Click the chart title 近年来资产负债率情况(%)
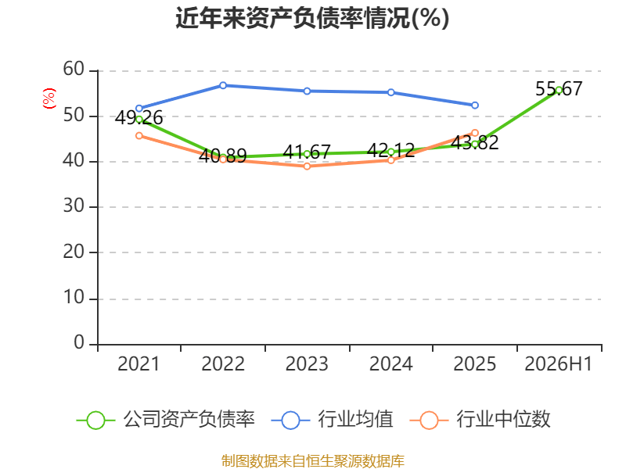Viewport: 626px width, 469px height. (x=312, y=18)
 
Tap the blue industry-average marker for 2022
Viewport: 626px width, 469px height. (x=223, y=85)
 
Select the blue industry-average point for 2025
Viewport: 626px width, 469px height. (x=475, y=106)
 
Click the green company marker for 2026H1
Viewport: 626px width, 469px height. (x=559, y=90)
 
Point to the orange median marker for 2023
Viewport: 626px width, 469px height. (x=307, y=166)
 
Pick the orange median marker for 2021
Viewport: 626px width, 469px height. (x=139, y=136)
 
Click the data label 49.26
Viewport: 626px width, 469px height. (x=139, y=118)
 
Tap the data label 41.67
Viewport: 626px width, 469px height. (x=307, y=152)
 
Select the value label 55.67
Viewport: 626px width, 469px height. (x=559, y=88)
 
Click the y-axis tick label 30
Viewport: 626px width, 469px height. (x=74, y=206)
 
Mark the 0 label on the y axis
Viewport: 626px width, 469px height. (x=79, y=342)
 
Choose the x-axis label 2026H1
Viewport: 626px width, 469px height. (x=559, y=363)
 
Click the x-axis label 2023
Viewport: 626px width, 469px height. (x=307, y=363)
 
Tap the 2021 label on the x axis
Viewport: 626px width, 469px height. (x=139, y=363)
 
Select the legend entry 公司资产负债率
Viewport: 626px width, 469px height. (x=166, y=420)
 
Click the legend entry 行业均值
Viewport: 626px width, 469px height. (x=332, y=420)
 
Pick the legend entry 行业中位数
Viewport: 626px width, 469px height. (x=480, y=420)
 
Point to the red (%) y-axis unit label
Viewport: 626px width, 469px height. (x=49, y=98)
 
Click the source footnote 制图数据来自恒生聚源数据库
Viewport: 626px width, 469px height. (x=312, y=460)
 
